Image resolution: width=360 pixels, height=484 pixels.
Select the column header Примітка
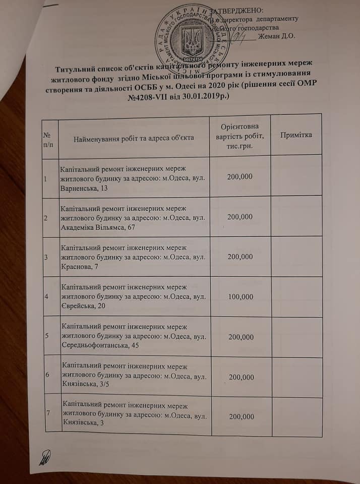pos(296,135)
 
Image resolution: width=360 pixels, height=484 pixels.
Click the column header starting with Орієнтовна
pos(240,135)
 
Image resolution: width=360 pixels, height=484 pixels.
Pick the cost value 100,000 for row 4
pos(241,296)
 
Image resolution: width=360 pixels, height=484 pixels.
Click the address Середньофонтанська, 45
pos(98,346)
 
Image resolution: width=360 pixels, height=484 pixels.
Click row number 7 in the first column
pos(47,413)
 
